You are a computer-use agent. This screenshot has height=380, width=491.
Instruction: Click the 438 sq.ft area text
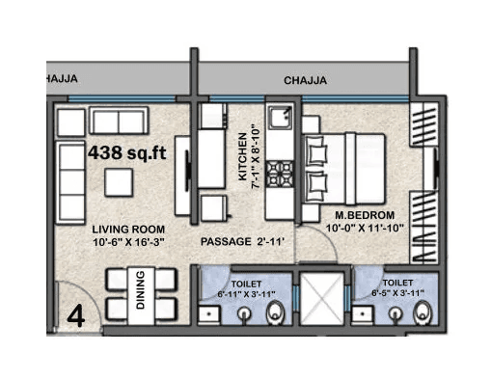point(126,152)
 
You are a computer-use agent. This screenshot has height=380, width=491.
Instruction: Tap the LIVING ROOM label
point(126,230)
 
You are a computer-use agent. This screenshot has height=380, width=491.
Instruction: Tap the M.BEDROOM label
point(364,214)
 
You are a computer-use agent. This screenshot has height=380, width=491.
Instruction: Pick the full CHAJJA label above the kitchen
point(304,81)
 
